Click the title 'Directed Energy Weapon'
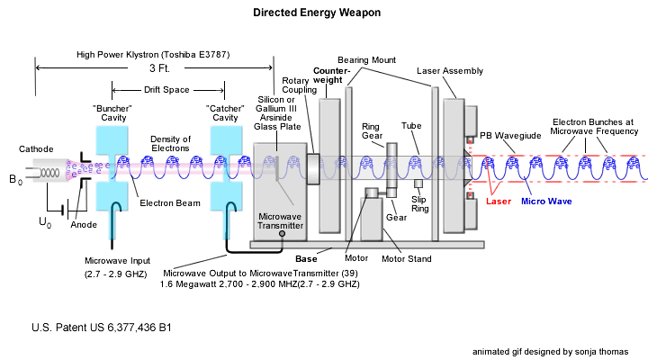click(x=316, y=13)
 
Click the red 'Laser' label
click(x=499, y=202)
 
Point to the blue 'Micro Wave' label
click(x=551, y=202)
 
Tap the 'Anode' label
click(x=85, y=225)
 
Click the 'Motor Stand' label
click(x=406, y=259)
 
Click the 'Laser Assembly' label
click(x=450, y=70)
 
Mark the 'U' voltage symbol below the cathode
click(x=42, y=220)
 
